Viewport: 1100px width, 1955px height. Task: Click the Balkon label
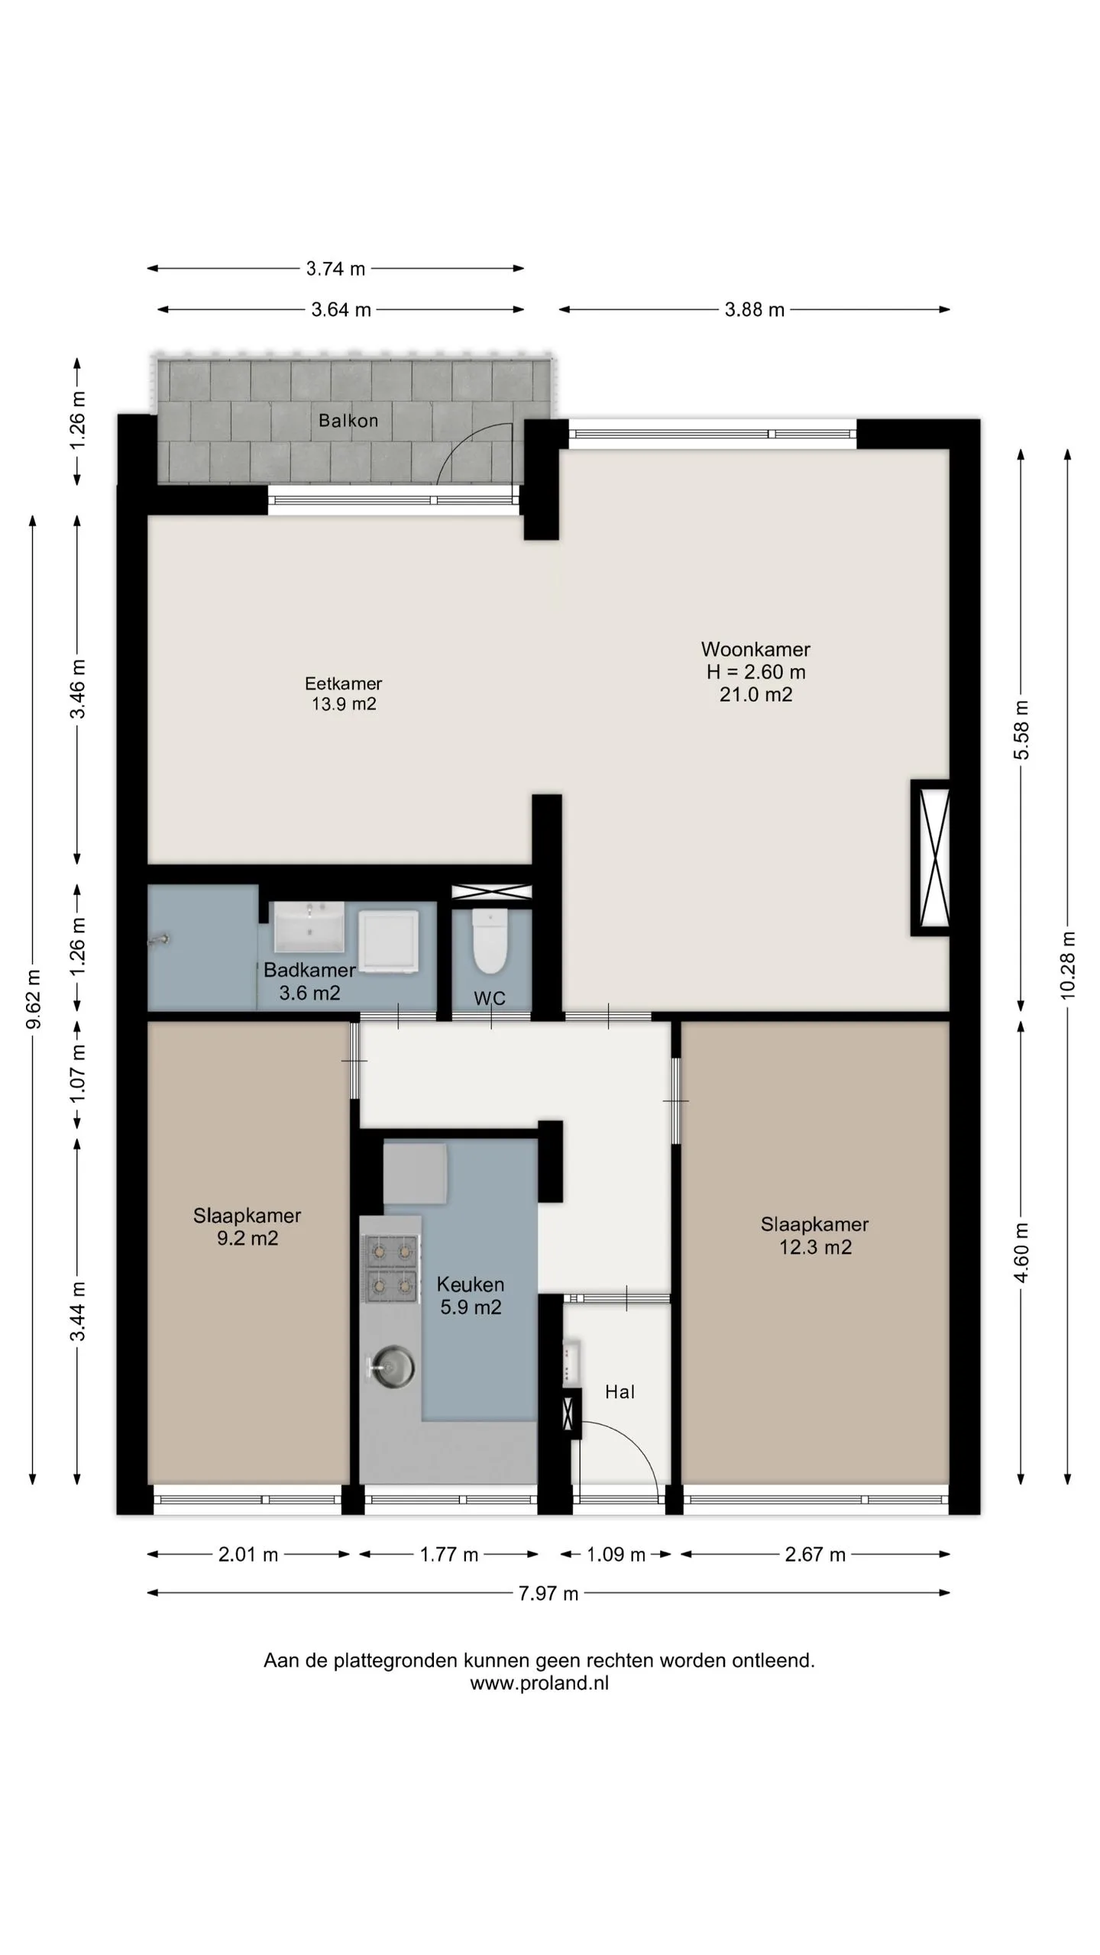pos(348,421)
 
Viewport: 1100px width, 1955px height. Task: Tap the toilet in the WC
pos(490,941)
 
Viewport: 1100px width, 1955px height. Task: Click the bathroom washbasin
pos(309,926)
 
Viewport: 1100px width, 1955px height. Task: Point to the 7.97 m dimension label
pos(548,1594)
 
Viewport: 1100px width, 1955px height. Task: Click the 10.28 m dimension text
pos(1067,965)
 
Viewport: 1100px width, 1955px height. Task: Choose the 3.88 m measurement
pos(755,310)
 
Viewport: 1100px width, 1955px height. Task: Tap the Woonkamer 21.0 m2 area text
pos(756,694)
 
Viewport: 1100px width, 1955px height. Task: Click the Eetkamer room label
pos(343,683)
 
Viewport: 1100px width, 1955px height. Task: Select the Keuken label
pos(471,1284)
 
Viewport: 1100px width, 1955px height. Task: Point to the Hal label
pos(620,1392)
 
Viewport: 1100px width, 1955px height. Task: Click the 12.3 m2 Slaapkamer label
pos(815,1236)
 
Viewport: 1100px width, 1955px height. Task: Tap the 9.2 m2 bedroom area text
pos(247,1238)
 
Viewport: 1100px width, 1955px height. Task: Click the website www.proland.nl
pos(539,1683)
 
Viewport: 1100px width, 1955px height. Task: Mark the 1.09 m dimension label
pos(616,1555)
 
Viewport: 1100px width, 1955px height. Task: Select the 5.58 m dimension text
pos(1021,730)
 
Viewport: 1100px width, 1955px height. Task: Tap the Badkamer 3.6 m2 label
pos(309,981)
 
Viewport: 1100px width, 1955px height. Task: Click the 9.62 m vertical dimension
pos(33,999)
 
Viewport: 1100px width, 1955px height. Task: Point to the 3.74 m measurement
pos(335,269)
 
